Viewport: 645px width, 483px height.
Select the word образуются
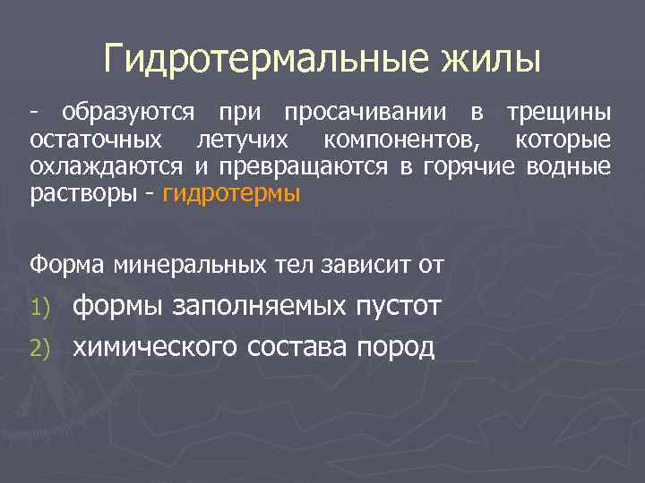pyautogui.click(x=128, y=114)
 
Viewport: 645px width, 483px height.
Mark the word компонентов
pyautogui.click(x=402, y=140)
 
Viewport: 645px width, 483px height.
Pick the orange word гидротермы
pyautogui.click(x=231, y=195)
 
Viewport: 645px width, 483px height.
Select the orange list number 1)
pyautogui.click(x=44, y=309)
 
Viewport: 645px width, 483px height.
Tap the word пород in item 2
pyautogui.click(x=396, y=347)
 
